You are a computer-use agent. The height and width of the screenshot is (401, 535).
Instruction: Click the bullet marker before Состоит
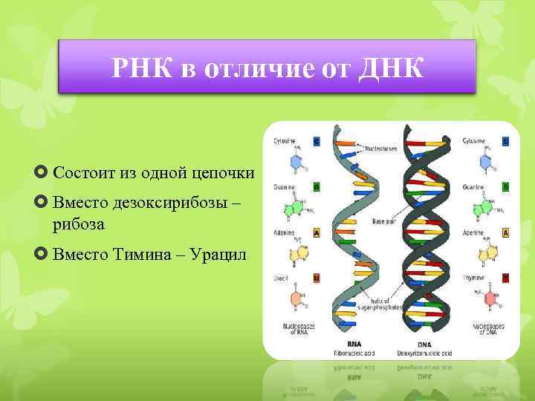(42, 173)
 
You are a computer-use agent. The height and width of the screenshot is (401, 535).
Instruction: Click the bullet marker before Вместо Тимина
(42, 255)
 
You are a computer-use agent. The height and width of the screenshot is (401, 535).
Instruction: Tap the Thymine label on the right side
(473, 278)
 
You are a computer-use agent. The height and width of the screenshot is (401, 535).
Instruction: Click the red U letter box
(316, 278)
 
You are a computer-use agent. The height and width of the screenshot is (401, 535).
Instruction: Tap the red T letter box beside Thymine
(506, 278)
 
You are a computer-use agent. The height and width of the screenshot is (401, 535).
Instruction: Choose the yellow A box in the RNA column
(316, 232)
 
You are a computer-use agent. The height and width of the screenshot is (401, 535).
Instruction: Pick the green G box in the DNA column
(506, 187)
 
